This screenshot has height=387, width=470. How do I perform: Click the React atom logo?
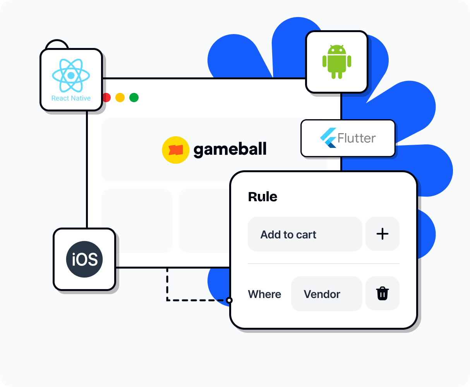coord(71,75)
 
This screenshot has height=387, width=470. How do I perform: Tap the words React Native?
coord(71,98)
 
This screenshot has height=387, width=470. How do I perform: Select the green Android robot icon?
coord(336,62)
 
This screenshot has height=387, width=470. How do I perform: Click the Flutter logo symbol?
coord(328,138)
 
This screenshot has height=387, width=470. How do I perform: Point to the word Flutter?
coord(357,138)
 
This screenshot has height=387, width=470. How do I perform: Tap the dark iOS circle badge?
coord(84,259)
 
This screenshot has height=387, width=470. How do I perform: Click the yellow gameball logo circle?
coord(175,150)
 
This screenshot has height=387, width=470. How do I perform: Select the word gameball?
coord(230,149)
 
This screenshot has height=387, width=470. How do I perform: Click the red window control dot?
coord(106,98)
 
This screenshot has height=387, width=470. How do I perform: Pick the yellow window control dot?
coord(120,98)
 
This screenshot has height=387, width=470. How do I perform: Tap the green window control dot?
coord(134,98)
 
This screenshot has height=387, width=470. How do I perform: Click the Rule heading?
coord(262,197)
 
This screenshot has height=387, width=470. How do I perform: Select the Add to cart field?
coord(305,234)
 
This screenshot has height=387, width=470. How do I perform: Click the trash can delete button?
coord(382,293)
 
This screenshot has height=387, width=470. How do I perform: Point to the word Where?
coord(264,294)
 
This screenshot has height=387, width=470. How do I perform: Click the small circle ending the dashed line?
coord(229,300)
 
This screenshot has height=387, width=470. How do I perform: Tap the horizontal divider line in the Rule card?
coord(323,264)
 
